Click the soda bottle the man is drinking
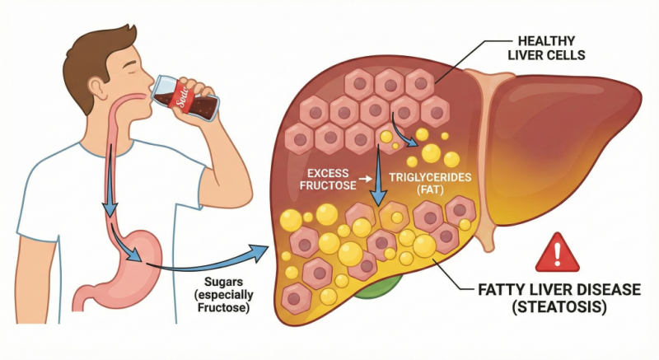(x=185, y=98)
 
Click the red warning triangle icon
(x=558, y=252)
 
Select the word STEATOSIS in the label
(x=559, y=307)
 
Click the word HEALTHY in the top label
(x=546, y=41)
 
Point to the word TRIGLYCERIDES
(x=430, y=177)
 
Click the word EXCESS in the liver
(x=328, y=173)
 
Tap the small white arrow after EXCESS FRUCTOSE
(x=366, y=179)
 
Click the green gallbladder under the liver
(x=376, y=288)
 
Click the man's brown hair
(x=96, y=58)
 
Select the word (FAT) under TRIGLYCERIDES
(x=430, y=189)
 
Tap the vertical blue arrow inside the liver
(x=378, y=175)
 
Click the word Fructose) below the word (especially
(x=223, y=308)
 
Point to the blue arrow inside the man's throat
(x=111, y=180)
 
